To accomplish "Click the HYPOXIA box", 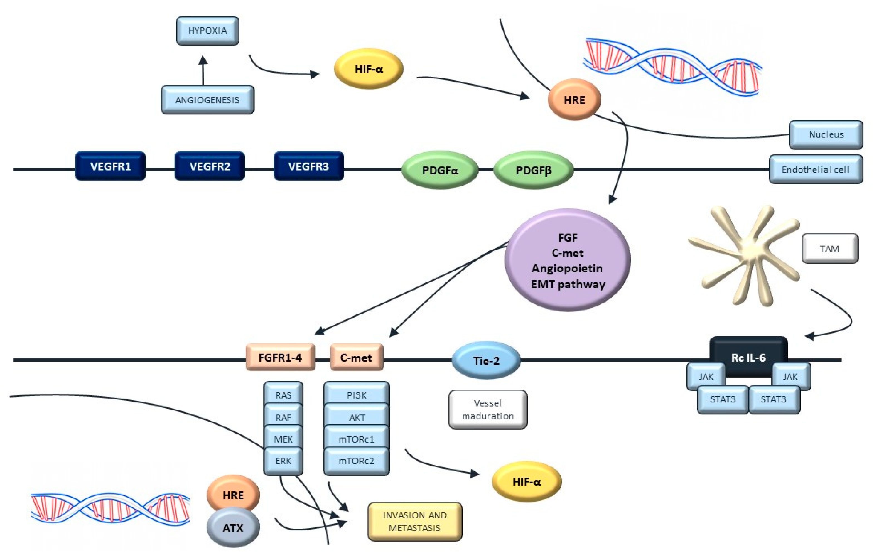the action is [207, 31].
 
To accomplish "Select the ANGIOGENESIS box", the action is [207, 100].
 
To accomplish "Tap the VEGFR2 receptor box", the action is [210, 166].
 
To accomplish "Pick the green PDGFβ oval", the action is [533, 170].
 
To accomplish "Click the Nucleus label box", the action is [826, 135].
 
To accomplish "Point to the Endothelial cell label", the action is [816, 169].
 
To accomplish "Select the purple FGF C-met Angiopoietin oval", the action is [568, 260].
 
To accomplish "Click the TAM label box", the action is [830, 249].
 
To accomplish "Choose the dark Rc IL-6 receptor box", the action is [748, 357].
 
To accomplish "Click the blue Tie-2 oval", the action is [486, 361].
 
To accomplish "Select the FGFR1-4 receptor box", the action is [280, 357].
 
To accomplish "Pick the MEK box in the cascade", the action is [283, 439].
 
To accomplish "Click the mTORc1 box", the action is [357, 439].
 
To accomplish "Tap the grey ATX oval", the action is [233, 528].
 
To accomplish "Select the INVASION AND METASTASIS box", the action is [415, 522].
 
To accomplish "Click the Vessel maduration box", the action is [488, 409].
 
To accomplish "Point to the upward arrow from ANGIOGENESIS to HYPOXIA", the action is [203, 70].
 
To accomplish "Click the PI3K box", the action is [357, 395].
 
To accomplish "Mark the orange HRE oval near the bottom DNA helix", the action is [233, 495].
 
